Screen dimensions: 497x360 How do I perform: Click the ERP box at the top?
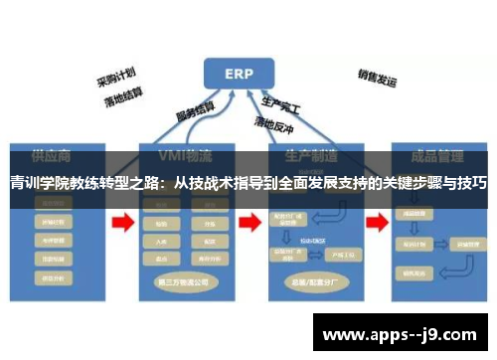[x=240, y=73]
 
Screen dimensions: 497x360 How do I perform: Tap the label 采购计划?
[x=115, y=77]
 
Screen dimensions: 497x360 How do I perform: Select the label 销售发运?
[x=377, y=77]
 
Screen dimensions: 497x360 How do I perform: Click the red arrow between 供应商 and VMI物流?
[x=122, y=225]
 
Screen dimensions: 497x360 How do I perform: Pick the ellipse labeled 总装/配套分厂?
[x=309, y=281]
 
